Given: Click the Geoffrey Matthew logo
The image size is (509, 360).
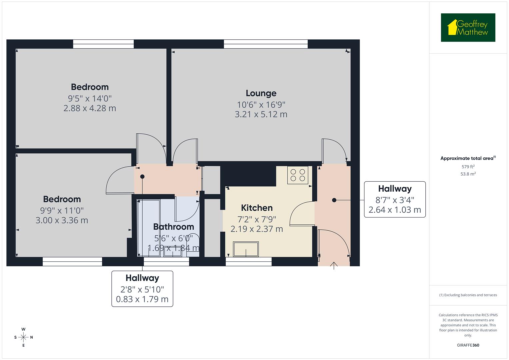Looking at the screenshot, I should click(x=468, y=28).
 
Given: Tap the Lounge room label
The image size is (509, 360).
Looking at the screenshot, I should click(x=261, y=93).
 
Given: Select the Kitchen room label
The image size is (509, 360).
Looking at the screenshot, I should click(x=257, y=208).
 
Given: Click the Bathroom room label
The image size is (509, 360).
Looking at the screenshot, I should click(x=173, y=227).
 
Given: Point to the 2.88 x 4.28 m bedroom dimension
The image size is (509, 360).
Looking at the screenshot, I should click(x=90, y=108).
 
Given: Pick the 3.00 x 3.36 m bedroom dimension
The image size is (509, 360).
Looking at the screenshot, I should click(x=62, y=220).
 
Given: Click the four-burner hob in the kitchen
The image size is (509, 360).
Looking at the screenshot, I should click(x=298, y=175).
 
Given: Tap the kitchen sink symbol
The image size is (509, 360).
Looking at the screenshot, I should click(x=246, y=250).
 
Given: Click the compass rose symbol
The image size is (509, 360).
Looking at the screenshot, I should click(x=23, y=337).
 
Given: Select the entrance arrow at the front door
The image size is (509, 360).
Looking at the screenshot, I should click(x=334, y=265).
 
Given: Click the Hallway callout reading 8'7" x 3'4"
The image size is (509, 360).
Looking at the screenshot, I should click(x=395, y=199).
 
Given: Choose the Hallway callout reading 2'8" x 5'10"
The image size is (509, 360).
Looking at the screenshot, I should click(x=142, y=289).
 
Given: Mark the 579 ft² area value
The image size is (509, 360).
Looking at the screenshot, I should click(x=468, y=167).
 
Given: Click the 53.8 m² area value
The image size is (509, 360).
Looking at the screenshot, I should click(x=468, y=174).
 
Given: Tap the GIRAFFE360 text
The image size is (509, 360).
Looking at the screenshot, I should click(x=468, y=345).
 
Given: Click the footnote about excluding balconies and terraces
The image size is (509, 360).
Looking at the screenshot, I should click(x=468, y=295).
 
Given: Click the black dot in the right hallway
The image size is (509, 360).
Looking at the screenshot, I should click(x=334, y=200).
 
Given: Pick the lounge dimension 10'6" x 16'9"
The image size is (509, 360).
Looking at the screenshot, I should click(x=261, y=105).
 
